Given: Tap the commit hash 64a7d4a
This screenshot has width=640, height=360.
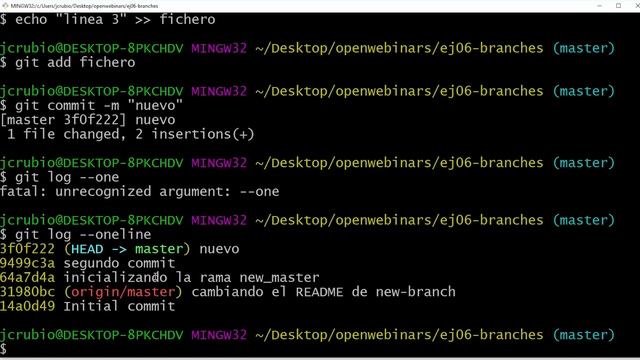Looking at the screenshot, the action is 28,277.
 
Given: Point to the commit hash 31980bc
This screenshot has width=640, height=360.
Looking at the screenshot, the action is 28,291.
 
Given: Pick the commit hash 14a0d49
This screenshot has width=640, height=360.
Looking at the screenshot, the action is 28,306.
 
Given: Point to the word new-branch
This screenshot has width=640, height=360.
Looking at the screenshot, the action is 415,291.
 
